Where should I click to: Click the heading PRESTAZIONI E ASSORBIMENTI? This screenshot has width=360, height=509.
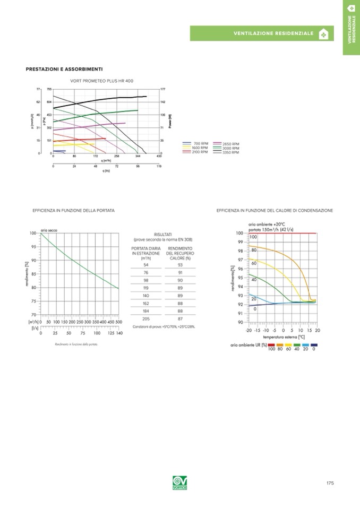coord(64,69)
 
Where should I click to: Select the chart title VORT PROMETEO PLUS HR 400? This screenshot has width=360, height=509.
coord(102,80)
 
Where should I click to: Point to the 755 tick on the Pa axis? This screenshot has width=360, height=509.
coord(49,89)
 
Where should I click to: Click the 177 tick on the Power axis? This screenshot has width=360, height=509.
coord(163,89)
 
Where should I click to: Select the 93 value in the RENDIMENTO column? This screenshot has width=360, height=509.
coord(181,265)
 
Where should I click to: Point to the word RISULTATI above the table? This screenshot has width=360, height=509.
coord(162,234)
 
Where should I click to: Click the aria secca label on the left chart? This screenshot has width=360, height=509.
coord(49,230)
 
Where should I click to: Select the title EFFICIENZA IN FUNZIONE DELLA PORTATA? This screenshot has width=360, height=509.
coord(73,211)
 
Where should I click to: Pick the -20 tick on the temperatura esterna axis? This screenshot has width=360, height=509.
coord(248,330)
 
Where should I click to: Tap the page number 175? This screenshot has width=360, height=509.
coord(330,483)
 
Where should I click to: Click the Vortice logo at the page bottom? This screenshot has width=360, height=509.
coord(180,483)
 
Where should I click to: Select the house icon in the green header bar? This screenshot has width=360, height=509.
coord(323,34)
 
